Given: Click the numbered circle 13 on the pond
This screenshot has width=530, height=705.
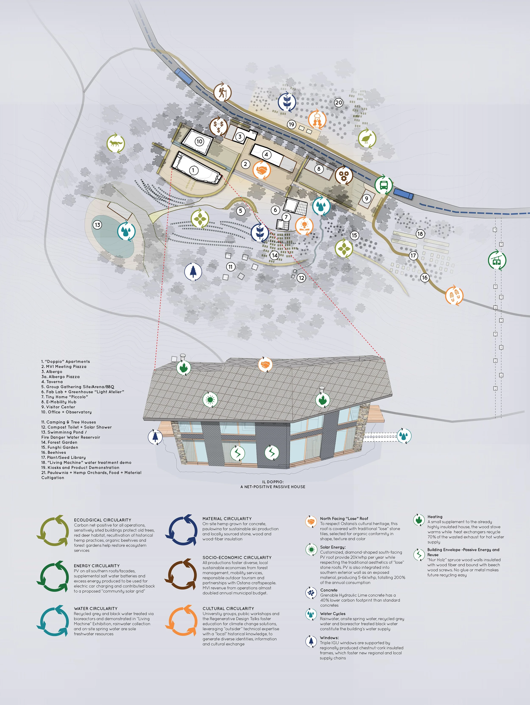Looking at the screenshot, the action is pyautogui.click(x=98, y=225).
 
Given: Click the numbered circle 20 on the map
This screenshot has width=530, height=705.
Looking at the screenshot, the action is pyautogui.click(x=339, y=103).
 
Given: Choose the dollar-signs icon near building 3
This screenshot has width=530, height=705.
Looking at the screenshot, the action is pyautogui.click(x=219, y=126).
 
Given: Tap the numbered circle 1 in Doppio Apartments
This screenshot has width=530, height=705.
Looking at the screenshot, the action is pyautogui.click(x=193, y=170).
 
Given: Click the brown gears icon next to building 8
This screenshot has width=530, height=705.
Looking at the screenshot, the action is pyautogui.click(x=344, y=175).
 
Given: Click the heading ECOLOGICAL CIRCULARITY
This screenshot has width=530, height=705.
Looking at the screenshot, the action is pyautogui.click(x=103, y=520).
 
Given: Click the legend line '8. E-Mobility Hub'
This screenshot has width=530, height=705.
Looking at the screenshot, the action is pyautogui.click(x=59, y=402).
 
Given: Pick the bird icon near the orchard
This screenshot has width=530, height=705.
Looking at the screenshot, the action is pyautogui.click(x=367, y=138).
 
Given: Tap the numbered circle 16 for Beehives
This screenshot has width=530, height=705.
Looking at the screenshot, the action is pyautogui.click(x=425, y=277).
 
